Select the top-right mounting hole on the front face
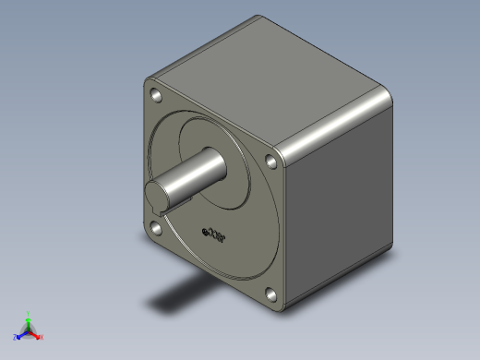[x=271, y=162]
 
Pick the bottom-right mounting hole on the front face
[x=271, y=295]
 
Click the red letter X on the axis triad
[x=42, y=337]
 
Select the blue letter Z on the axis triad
[x=15, y=337]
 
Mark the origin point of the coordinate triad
[x=29, y=330]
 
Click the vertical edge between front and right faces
[x=287, y=231]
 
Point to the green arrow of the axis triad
[x=29, y=322]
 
